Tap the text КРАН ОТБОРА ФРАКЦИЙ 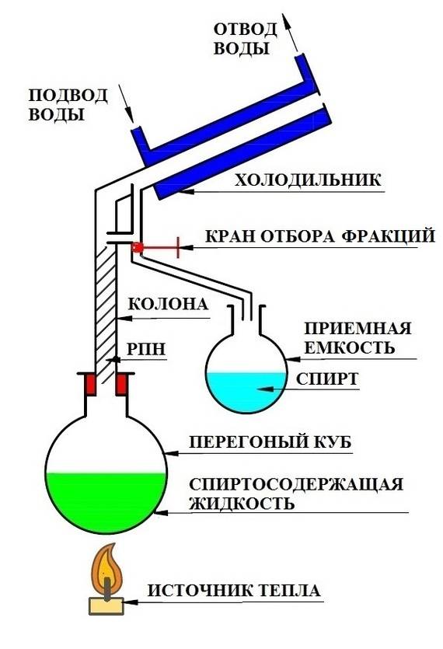pos(319,236)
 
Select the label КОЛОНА pos(166,304)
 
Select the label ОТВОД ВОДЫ pos(246,39)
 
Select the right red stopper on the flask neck pos(122,384)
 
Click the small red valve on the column pos(138,248)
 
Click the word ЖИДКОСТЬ pos(241,503)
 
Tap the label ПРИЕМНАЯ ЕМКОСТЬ pos(347,337)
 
